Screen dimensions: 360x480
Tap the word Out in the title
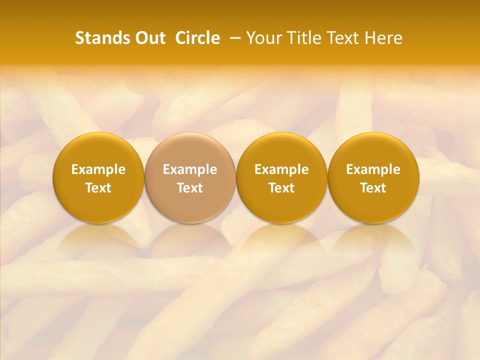(149, 38)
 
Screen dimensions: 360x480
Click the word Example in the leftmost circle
(98, 169)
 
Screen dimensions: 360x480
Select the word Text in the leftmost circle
(98, 188)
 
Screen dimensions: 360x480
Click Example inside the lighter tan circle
(190, 169)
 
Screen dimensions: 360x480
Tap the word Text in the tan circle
(190, 188)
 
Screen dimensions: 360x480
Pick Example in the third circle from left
(281, 169)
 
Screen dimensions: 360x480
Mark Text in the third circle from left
(281, 188)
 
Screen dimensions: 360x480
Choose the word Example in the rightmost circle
(373, 169)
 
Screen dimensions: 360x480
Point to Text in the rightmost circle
(373, 188)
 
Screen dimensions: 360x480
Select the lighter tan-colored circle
(190, 150)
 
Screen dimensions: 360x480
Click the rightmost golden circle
(373, 150)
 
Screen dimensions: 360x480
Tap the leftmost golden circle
(98, 150)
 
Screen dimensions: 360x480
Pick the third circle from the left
(281, 150)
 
